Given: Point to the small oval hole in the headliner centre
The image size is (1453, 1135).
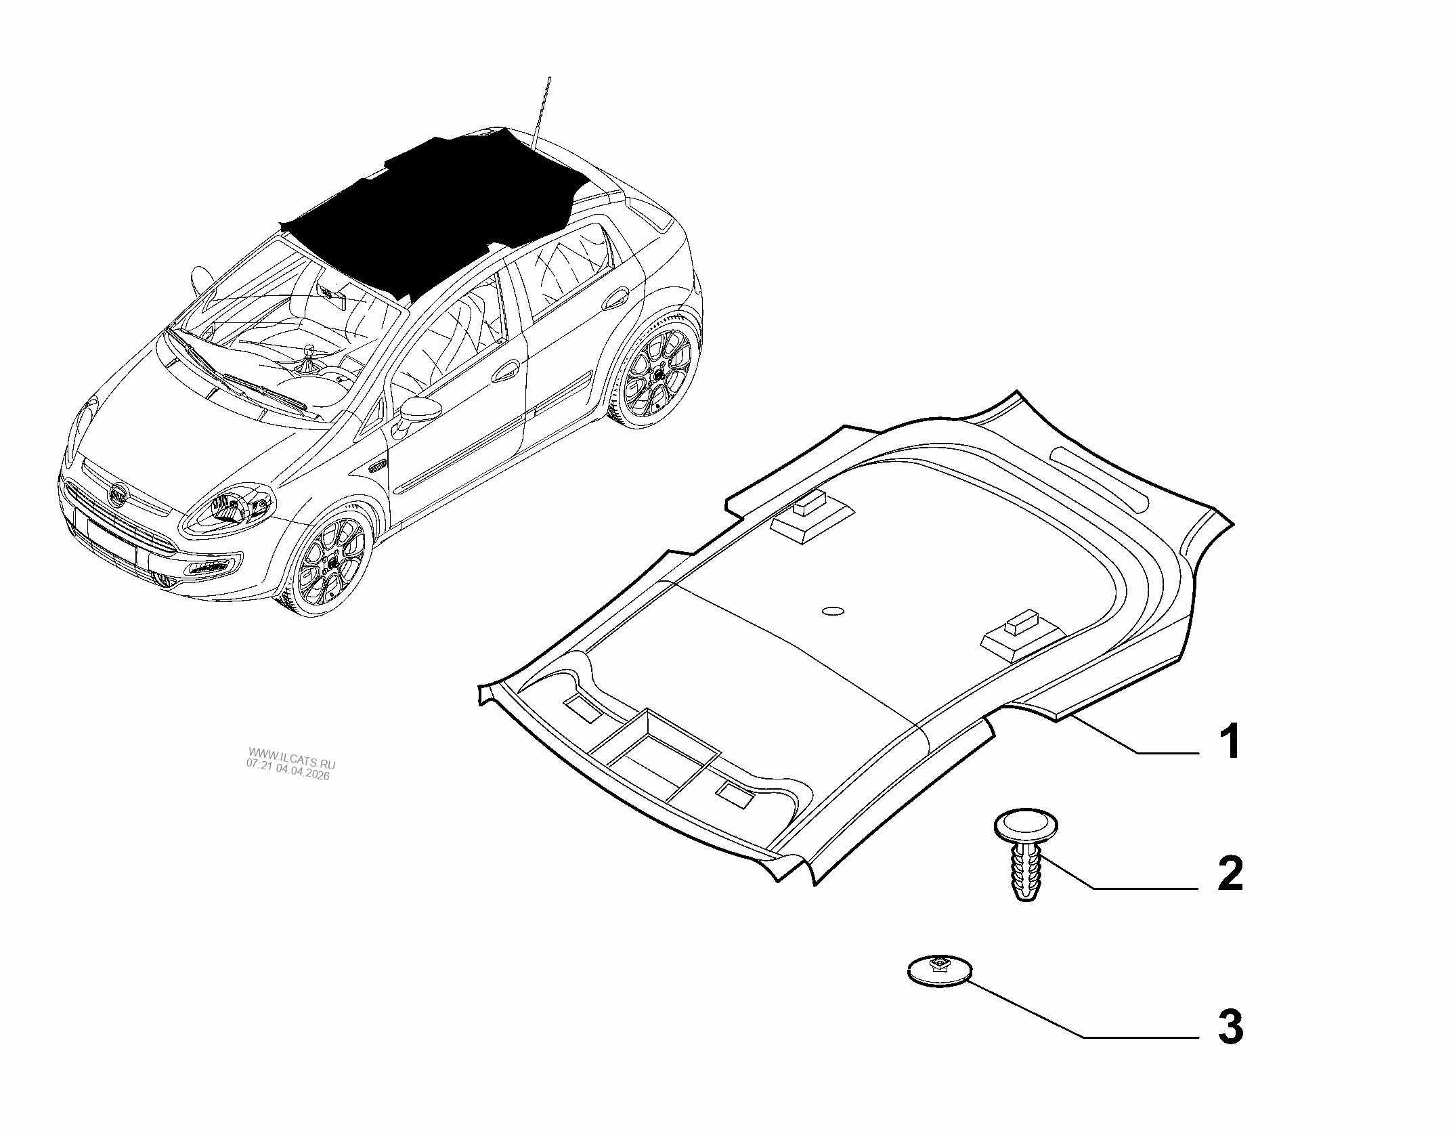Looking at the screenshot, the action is click(x=832, y=611).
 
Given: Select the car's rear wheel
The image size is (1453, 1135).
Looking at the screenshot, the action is click(x=657, y=369).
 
